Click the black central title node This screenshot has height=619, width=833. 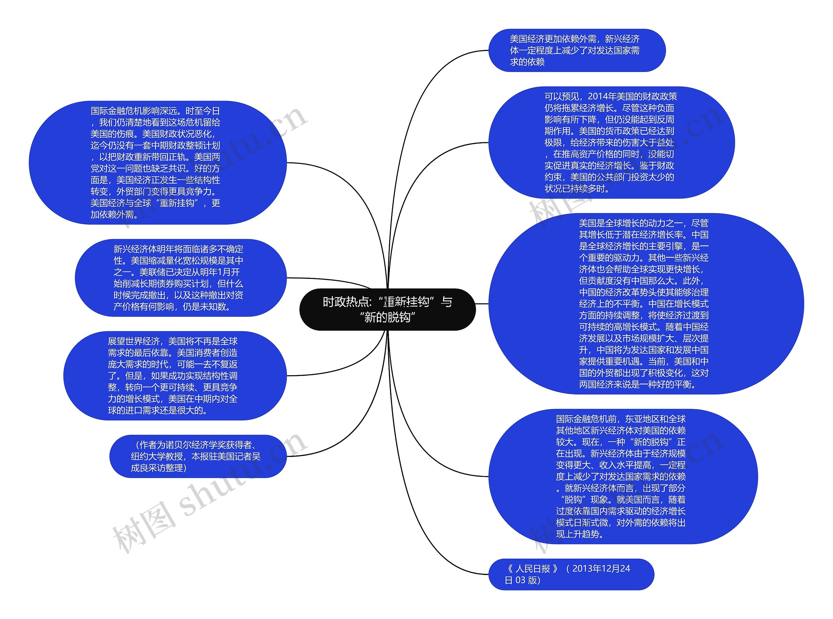coord(387,309)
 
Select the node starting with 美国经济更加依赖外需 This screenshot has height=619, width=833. coord(577,50)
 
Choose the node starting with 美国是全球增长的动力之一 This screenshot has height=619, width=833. coord(645,304)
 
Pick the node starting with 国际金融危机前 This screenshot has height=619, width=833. coord(622,476)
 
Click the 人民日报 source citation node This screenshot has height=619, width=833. coord(570,574)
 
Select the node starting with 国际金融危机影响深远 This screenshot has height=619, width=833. coord(157,163)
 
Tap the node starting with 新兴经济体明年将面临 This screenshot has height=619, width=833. coord(181,278)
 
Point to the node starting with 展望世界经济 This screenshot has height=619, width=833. coord(174,376)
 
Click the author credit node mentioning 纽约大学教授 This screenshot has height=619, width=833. coord(198,456)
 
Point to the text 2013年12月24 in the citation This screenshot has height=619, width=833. coord(601,569)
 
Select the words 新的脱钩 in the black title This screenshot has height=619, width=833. coord(387,317)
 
